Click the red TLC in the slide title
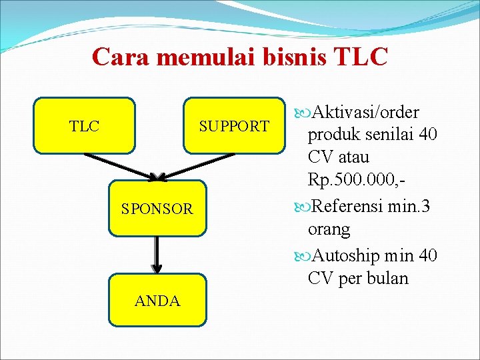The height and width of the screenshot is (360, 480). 360,57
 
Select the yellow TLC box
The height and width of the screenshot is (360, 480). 85,126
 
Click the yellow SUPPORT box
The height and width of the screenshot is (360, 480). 234,126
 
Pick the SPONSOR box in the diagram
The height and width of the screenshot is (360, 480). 157,209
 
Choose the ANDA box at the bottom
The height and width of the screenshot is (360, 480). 157,301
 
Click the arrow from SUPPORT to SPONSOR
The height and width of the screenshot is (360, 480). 197,166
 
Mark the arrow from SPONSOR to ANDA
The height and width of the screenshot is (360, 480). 156,255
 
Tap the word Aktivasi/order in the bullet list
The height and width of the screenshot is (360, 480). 365,111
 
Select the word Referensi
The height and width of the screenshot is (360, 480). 347,206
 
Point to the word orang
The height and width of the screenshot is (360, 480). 329,230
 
